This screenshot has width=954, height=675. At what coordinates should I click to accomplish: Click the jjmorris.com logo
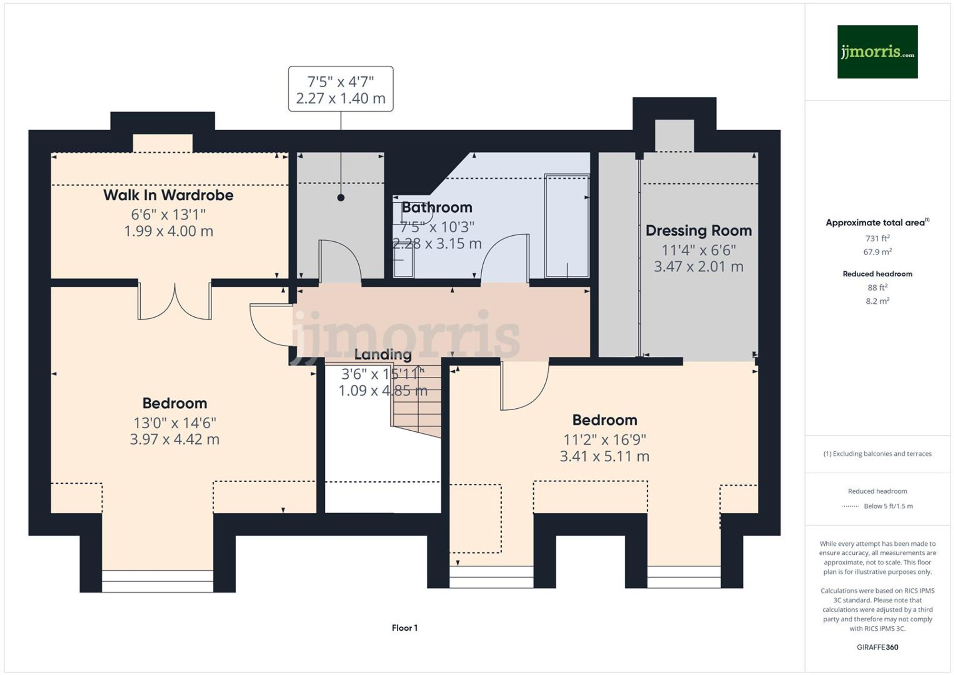tap(877, 52)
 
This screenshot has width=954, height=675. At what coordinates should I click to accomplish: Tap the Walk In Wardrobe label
tap(168, 195)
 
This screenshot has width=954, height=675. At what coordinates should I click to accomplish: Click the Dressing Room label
tap(698, 230)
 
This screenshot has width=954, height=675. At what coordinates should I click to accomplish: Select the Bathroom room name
tap(437, 208)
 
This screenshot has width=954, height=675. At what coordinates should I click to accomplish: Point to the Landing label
tap(383, 354)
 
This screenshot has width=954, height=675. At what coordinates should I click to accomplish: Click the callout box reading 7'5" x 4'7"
tap(341, 89)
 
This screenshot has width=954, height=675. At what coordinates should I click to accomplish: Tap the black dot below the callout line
tap(341, 197)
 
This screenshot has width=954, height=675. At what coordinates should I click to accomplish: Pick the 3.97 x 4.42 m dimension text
tap(175, 439)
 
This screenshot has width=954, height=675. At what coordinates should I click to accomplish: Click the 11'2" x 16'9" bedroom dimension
tap(604, 439)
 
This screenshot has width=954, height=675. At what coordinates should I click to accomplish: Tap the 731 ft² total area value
tap(877, 238)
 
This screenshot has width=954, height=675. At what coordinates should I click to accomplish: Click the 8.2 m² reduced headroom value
tap(877, 301)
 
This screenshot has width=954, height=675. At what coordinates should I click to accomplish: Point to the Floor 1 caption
tap(404, 628)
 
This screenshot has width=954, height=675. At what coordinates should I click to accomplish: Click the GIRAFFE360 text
tap(877, 647)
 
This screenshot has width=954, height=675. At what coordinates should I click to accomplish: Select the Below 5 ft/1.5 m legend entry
tap(888, 506)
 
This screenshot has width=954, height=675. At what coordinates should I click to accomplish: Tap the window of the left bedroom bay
tap(157, 581)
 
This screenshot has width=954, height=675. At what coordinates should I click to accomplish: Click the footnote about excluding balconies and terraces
tap(877, 454)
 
